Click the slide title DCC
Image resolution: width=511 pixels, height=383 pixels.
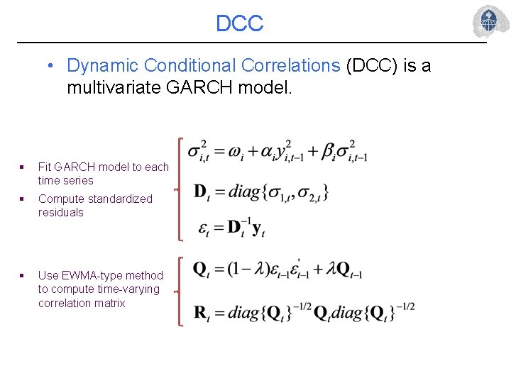pyautogui.click(x=239, y=23)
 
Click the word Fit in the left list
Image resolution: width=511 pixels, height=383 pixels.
pyautogui.click(x=45, y=167)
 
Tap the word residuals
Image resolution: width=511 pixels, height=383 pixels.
pyautogui.click(x=60, y=212)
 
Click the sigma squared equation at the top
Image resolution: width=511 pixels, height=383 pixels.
pyautogui.click(x=277, y=152)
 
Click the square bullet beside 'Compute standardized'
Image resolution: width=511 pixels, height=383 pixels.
pyautogui.click(x=23, y=199)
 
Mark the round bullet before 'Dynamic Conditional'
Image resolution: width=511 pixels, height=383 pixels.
pyautogui.click(x=51, y=66)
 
